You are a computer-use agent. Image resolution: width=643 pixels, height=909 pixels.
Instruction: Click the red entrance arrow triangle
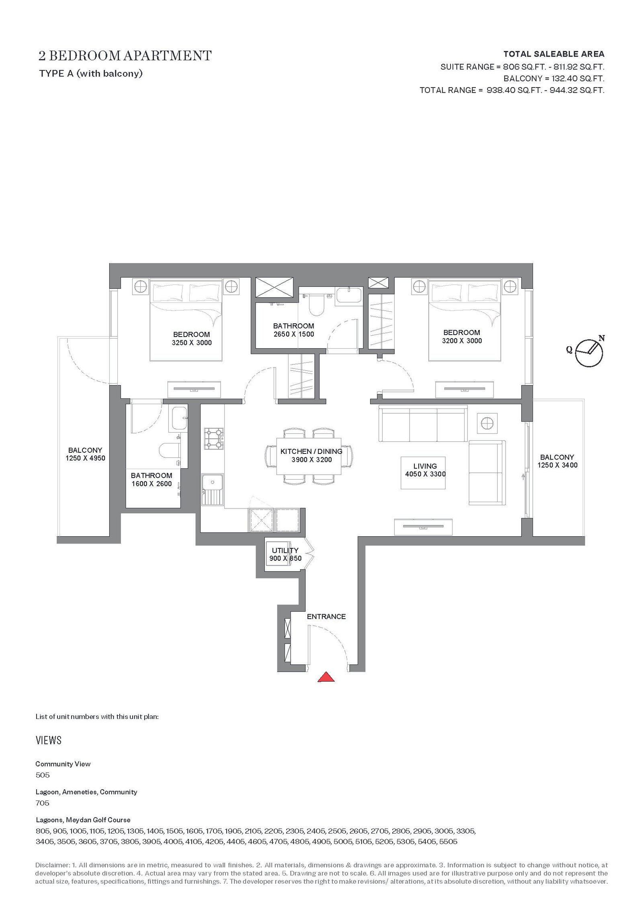pos(326,677)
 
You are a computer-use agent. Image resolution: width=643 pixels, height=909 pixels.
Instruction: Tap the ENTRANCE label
pos(326,616)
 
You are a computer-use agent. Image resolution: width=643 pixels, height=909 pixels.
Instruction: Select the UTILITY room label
pos(285,550)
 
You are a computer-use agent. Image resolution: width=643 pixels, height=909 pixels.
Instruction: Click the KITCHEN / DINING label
pos(311,451)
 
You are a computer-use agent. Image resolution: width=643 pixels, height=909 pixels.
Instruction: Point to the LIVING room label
pos(425,466)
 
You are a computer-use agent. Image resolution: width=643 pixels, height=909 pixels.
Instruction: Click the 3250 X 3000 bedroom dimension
pos(192,343)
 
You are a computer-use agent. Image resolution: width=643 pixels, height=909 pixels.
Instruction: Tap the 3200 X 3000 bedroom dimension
pos(462,341)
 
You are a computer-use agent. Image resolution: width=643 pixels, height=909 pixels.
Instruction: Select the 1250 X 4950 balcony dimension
pos(85,458)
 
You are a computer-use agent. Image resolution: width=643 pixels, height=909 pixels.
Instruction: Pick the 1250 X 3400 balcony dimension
pos(557,465)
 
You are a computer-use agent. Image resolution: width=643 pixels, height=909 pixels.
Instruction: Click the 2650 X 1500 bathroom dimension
pos(294,334)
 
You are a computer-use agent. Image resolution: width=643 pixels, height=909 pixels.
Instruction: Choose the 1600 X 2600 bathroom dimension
pos(152,484)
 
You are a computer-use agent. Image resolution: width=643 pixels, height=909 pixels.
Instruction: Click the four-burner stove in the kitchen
pos(213,439)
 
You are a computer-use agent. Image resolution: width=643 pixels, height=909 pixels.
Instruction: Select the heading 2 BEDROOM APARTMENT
pos(125,55)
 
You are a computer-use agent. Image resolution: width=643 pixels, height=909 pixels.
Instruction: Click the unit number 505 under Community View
pos(42,775)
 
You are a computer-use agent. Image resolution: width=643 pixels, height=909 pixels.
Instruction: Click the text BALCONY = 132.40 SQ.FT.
pos(554,78)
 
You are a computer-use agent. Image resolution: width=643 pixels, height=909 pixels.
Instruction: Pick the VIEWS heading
pos(49,740)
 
